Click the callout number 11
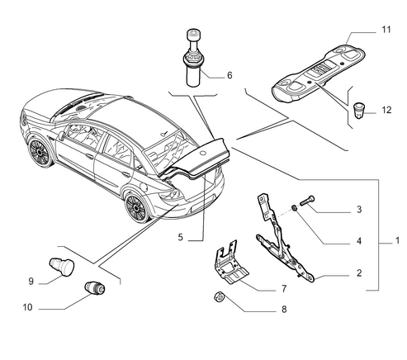pyautogui.click(x=386, y=30)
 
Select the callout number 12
pyautogui.click(x=386, y=110)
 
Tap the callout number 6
pyautogui.click(x=230, y=75)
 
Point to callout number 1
pyautogui.click(x=397, y=240)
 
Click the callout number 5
pyautogui.click(x=180, y=237)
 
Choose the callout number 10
pyautogui.click(x=27, y=307)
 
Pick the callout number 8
pyautogui.click(x=284, y=310)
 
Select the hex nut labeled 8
pyautogui.click(x=220, y=297)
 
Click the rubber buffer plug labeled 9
pyautogui.click(x=62, y=266)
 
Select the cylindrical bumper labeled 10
pyautogui.click(x=95, y=288)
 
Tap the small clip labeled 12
pyautogui.click(x=358, y=111)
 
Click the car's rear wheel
pyautogui.click(x=137, y=206)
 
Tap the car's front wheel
pyautogui.click(x=40, y=152)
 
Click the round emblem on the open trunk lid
pyautogui.click(x=203, y=152)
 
